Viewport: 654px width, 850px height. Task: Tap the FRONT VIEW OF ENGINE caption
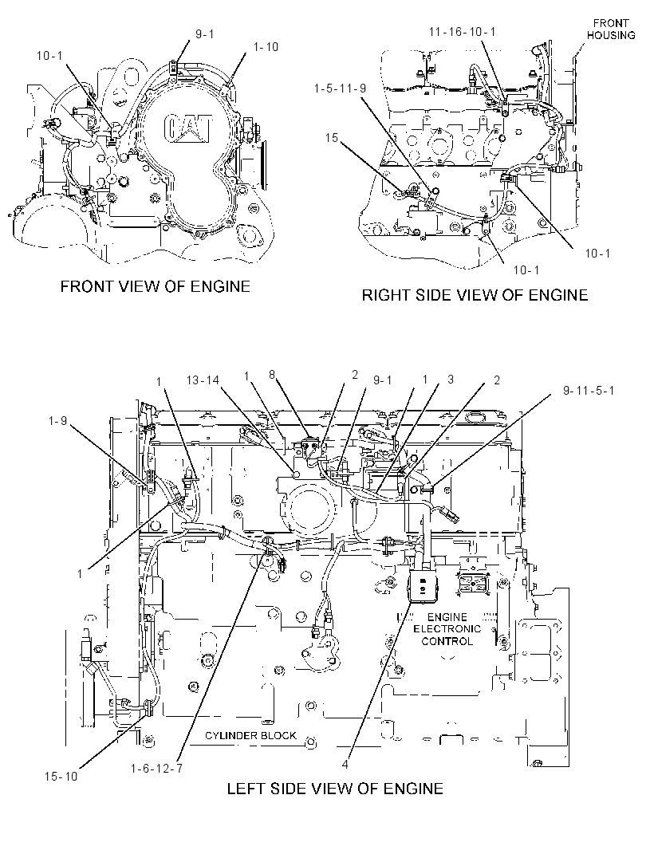(155, 286)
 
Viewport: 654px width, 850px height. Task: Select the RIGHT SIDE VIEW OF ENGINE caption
(475, 295)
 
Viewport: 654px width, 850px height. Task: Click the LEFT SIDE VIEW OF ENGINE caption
(335, 788)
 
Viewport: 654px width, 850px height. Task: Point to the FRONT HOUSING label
(611, 30)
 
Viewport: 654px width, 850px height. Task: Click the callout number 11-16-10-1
(462, 32)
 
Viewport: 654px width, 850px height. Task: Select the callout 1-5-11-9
(340, 89)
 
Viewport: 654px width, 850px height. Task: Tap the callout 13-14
(203, 380)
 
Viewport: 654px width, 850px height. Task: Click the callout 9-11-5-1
(589, 390)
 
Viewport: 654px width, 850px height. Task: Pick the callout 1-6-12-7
(156, 768)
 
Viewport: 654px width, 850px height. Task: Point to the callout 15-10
(61, 777)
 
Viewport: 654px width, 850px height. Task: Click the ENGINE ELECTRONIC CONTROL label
(447, 629)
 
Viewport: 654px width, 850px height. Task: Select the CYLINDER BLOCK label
(250, 736)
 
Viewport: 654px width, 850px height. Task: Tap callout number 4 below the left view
(345, 765)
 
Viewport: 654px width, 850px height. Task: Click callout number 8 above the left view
(272, 374)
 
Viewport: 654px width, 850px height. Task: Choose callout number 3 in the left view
(451, 380)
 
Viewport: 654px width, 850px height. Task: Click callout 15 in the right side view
(331, 138)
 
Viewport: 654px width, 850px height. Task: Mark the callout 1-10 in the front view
(266, 47)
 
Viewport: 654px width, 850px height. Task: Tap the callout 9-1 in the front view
(204, 34)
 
